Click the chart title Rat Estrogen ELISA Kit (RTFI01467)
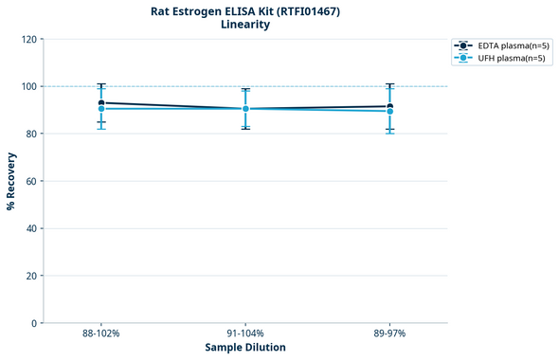point(245,11)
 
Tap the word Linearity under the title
point(245,26)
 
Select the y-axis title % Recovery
point(11,180)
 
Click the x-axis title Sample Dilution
point(245,348)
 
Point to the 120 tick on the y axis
point(28,39)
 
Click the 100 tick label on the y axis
point(28,86)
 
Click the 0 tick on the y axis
point(34,323)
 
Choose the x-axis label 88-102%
point(101,333)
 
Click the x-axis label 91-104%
point(245,333)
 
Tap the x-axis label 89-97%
point(389,333)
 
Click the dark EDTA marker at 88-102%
point(101,102)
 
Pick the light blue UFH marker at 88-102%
point(101,109)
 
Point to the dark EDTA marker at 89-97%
point(389,106)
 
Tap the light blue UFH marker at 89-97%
point(389,112)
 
